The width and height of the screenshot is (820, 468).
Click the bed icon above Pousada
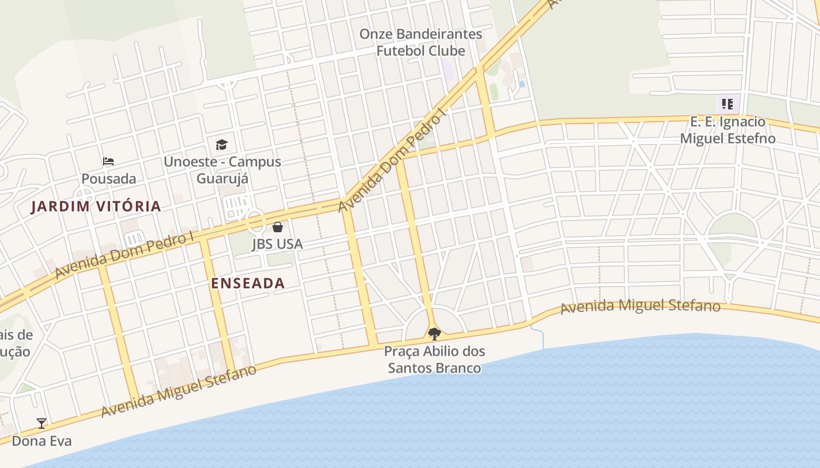[x=108, y=161]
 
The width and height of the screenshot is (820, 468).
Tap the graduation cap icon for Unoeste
[x=221, y=144]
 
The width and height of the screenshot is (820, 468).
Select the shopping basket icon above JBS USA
[x=278, y=226]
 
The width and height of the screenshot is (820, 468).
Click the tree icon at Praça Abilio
[x=434, y=334]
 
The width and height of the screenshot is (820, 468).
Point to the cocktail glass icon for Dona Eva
[x=42, y=423]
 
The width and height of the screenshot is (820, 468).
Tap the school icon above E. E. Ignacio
[x=727, y=105]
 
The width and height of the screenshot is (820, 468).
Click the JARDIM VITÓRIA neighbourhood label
[x=96, y=206]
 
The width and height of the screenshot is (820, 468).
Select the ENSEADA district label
[x=248, y=283]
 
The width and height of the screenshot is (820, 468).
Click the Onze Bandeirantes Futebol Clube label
[x=421, y=42]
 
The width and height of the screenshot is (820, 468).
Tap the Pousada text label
[x=109, y=178]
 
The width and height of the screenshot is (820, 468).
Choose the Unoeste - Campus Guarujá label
[x=223, y=170]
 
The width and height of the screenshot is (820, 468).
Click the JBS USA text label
[x=278, y=243]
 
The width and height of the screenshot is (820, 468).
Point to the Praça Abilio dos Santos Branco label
[x=435, y=360]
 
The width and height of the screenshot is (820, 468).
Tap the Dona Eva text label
[x=42, y=441]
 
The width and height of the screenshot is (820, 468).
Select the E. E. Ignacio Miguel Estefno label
[x=727, y=130]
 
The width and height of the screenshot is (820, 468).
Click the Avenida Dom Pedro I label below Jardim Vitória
[x=124, y=256]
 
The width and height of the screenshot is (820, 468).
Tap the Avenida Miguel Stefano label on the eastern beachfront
[x=640, y=307]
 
